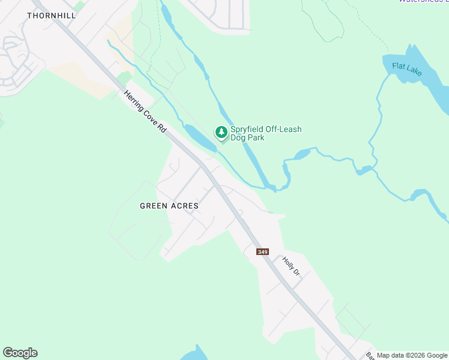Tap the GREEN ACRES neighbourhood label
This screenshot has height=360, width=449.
coord(169,206)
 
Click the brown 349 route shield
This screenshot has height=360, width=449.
coord(262,252)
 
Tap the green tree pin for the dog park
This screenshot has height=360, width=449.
coord(221,132)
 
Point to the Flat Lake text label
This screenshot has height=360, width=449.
coord(407,69)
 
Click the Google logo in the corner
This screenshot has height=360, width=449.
coord(20,353)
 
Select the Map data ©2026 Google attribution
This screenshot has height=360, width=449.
coord(412,355)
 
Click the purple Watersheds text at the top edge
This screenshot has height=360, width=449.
coord(423,1)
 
